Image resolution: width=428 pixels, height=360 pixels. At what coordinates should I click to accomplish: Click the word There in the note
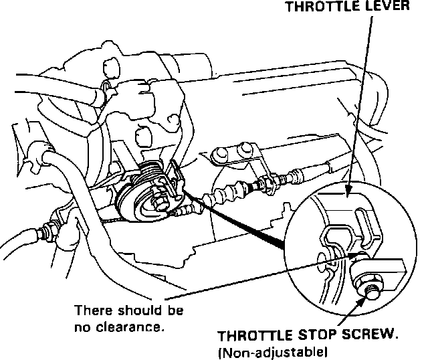(x=91, y=311)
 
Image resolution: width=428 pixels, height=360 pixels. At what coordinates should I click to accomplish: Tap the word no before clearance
(x=81, y=327)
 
